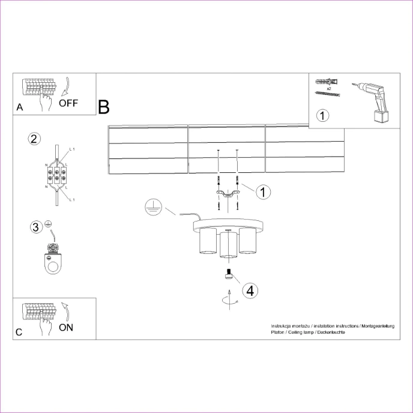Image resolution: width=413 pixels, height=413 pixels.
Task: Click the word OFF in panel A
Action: pyautogui.click(x=68, y=103)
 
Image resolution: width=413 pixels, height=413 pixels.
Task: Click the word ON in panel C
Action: pyautogui.click(x=67, y=327)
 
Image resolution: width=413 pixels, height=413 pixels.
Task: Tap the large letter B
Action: pyautogui.click(x=104, y=107)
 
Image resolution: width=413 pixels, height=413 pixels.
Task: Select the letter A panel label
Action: pyautogui.click(x=20, y=107)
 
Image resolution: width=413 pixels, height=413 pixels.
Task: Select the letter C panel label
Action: pyautogui.click(x=19, y=332)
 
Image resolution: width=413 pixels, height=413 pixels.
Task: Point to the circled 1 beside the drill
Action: pyautogui.click(x=323, y=115)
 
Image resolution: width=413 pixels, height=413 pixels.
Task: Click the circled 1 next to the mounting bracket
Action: pyautogui.click(x=263, y=192)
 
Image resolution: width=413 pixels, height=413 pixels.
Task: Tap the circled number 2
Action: pyautogui.click(x=34, y=139)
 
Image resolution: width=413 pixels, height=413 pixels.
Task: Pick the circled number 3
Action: pyautogui.click(x=36, y=227)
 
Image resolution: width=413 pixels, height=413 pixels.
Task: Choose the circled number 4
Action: pyautogui.click(x=250, y=291)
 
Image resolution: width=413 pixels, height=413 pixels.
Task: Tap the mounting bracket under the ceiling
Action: pyautogui.click(x=228, y=193)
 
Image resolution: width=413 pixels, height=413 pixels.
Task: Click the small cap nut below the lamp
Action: pyautogui.click(x=228, y=276)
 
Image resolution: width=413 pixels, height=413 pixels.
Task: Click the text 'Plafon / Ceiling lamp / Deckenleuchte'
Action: pyautogui.click(x=307, y=332)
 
